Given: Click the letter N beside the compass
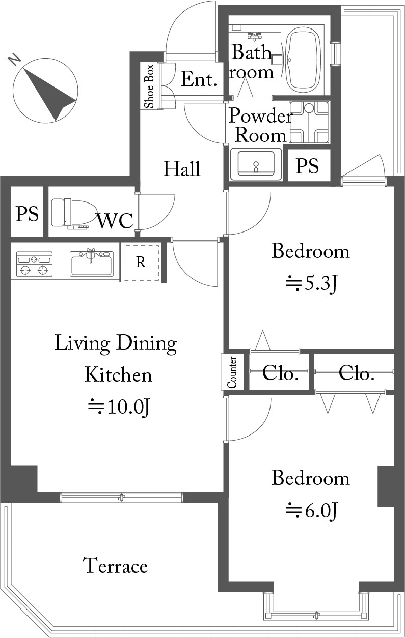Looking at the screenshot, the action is click(15, 60).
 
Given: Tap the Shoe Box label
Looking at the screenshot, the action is click(149, 86).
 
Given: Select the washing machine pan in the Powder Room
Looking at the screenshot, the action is click(309, 122).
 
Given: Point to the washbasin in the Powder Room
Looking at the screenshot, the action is click(256, 164).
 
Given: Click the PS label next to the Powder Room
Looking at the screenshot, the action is click(307, 166).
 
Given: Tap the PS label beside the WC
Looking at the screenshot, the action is click(27, 214).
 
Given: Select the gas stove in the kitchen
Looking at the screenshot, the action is click(35, 264).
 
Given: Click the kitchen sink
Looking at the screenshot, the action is click(92, 263).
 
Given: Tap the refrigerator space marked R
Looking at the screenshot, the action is click(141, 263).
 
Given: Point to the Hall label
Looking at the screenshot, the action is click(182, 168).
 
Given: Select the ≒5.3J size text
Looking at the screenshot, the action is click(311, 284).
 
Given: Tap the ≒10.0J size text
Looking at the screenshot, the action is click(119, 407).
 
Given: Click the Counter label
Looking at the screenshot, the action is click(232, 372).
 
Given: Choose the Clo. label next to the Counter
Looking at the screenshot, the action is click(280, 373).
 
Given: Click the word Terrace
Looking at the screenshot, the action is click(115, 565).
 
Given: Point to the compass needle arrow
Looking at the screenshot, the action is click(50, 94).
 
